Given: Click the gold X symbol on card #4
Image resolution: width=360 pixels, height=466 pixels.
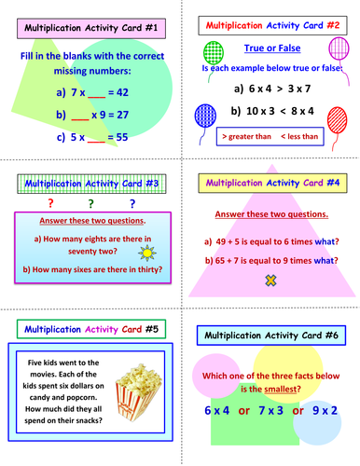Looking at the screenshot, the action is click(x=271, y=280).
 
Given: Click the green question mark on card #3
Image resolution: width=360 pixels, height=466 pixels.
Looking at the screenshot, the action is click(x=90, y=202).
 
